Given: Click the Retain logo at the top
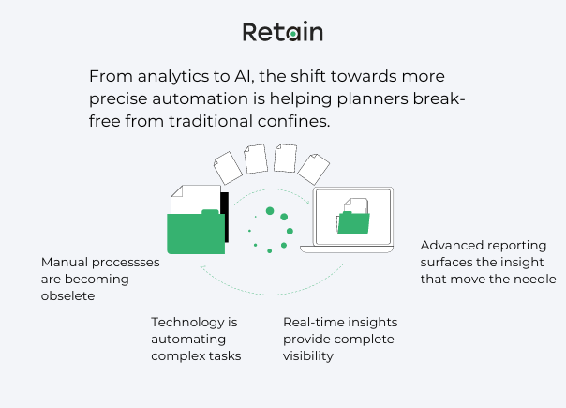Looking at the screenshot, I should pos(282,32).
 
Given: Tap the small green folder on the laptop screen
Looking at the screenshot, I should pos(353,222).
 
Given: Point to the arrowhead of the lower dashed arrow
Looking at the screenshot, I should pos(201,265).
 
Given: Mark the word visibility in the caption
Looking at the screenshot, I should pos(308,356).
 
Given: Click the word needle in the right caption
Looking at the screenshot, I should pos(535,280).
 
